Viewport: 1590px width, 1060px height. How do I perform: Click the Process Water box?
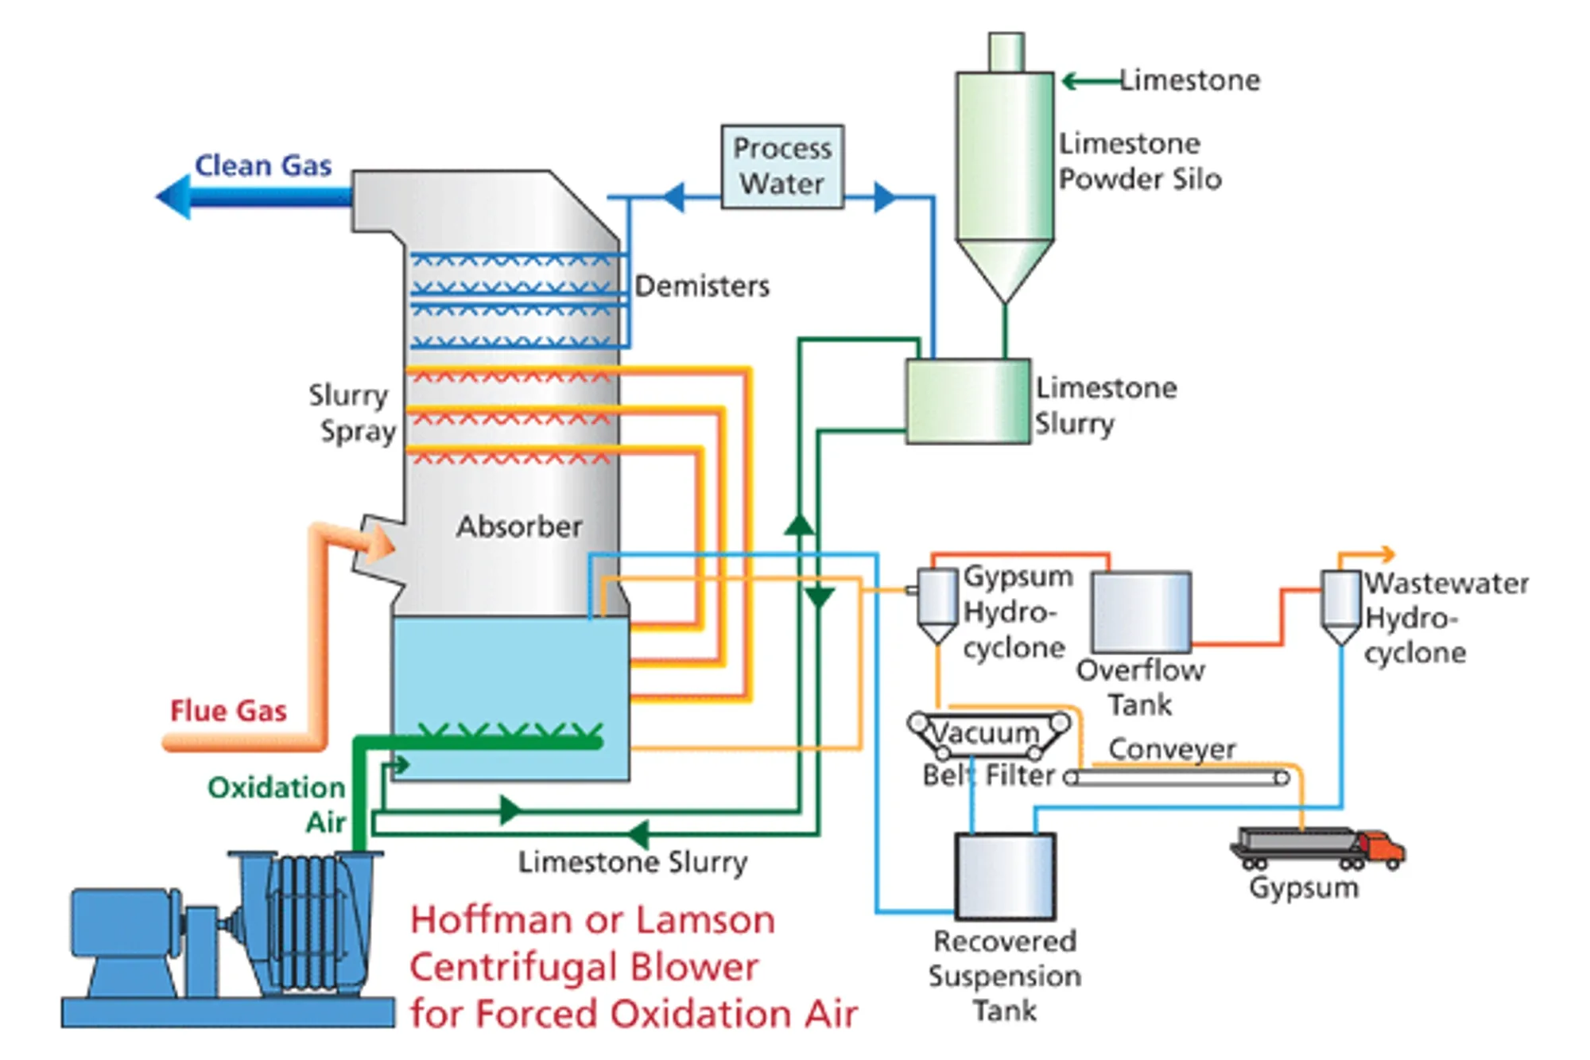click(x=782, y=166)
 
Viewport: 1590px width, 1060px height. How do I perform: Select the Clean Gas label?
click(x=263, y=165)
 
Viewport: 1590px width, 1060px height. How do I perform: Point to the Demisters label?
click(x=702, y=286)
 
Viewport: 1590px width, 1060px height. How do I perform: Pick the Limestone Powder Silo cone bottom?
click(x=1005, y=269)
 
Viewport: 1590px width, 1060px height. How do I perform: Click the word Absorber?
click(x=519, y=526)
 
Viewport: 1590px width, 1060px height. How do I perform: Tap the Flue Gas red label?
click(x=228, y=710)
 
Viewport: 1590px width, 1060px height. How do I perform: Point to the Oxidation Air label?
click(x=277, y=803)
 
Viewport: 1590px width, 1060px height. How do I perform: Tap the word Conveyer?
click(x=1172, y=748)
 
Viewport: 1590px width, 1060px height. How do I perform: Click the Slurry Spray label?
click(x=352, y=413)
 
